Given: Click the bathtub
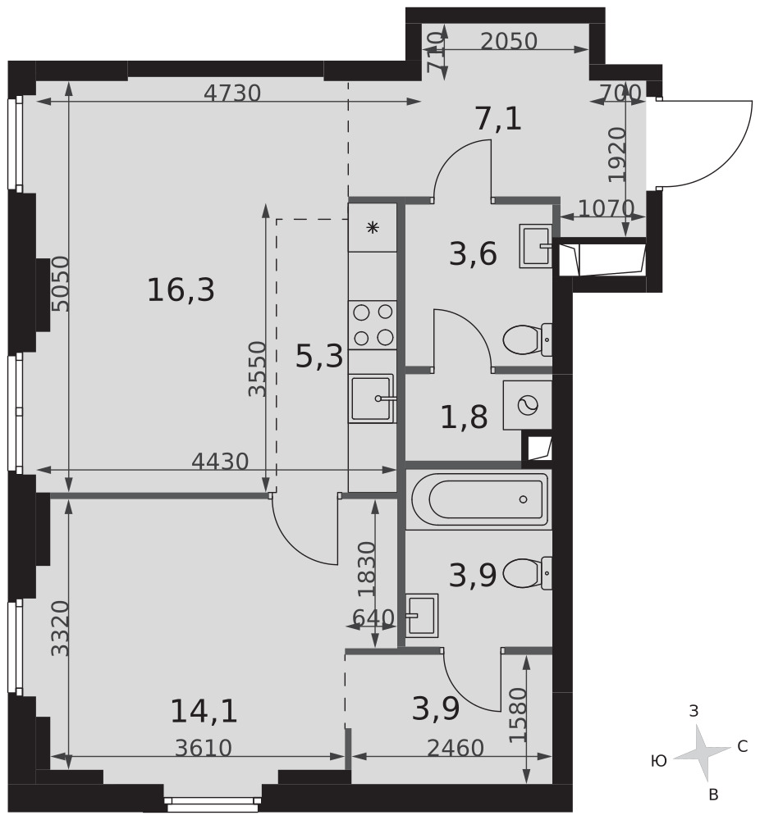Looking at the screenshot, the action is (480, 499).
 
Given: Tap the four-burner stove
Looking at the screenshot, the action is (373, 326).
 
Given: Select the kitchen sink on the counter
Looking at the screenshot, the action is (373, 399).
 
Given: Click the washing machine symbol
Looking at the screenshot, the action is (527, 405).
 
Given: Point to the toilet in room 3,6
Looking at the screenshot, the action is (527, 339).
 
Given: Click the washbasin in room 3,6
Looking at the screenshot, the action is (536, 246).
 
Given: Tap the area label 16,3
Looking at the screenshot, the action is (181, 290).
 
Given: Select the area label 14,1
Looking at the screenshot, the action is (204, 712).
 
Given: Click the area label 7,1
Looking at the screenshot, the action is (498, 120).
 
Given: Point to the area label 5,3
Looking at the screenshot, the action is (319, 357).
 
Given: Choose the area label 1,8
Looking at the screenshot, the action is (464, 417).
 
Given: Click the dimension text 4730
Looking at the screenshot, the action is (232, 93).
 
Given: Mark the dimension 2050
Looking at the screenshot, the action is (509, 41).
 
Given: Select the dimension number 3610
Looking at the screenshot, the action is (203, 749).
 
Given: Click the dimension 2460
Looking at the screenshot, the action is (456, 749).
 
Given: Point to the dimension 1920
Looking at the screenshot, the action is (618, 155).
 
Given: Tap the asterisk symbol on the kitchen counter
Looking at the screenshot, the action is (372, 227).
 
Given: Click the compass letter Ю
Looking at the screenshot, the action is (658, 762).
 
